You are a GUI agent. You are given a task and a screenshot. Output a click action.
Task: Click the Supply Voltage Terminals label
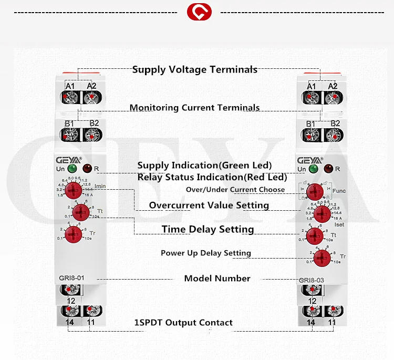pyautogui.click(x=194, y=69)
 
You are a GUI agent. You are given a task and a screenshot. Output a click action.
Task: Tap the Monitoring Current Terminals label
pyautogui.click(x=194, y=108)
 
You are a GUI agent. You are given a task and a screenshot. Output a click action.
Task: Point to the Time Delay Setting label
pyautogui.click(x=208, y=229)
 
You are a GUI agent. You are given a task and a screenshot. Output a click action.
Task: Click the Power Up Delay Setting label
pyautogui.click(x=205, y=253)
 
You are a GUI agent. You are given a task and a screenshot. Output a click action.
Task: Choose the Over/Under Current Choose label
pyautogui.click(x=235, y=189)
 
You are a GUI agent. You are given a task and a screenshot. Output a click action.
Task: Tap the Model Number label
pyautogui.click(x=217, y=278)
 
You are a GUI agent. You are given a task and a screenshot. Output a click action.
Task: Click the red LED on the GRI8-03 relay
pyautogui.click(x=328, y=169)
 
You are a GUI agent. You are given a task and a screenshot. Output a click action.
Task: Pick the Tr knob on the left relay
pyautogui.click(x=80, y=233)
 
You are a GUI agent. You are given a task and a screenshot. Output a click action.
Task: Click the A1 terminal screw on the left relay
pyautogui.click(x=69, y=97)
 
